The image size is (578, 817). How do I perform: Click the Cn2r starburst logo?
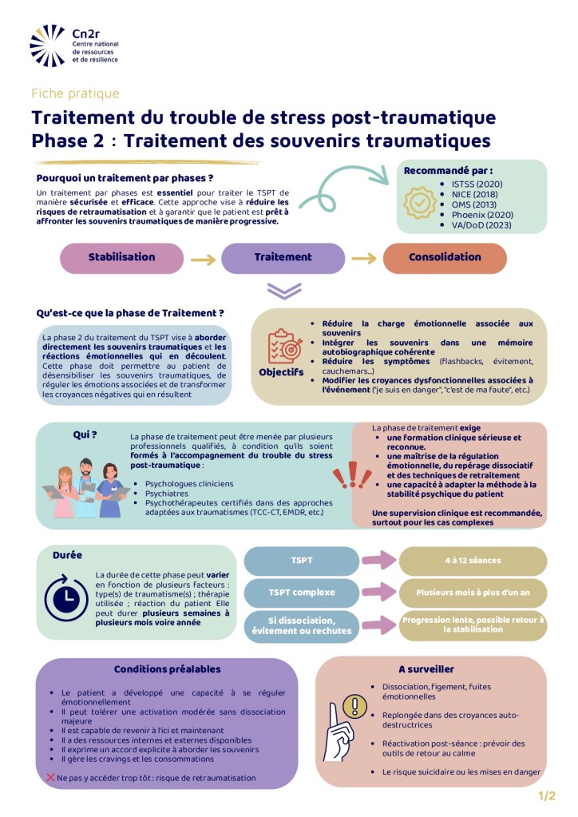48,46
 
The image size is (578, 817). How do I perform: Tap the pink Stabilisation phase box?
122,258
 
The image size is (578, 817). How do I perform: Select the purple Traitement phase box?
283,258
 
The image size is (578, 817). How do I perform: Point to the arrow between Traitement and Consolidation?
363,259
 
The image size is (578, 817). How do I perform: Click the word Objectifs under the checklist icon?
281,373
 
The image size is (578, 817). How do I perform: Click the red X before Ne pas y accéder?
50,777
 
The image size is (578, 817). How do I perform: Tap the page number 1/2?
547,795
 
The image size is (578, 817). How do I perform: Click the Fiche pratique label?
75,93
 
